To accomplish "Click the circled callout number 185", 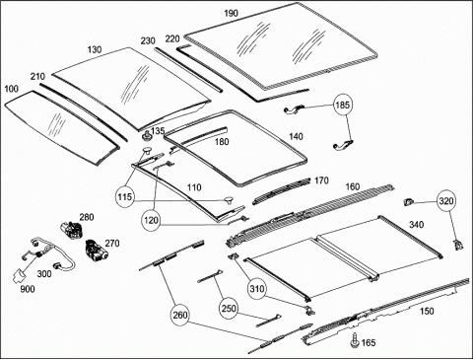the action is (343, 106).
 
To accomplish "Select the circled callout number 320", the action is (446, 201).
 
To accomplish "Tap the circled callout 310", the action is (257, 289).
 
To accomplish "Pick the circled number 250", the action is (229, 309).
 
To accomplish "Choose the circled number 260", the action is (180, 315).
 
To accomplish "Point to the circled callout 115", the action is (125, 197).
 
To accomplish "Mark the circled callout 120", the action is (151, 220).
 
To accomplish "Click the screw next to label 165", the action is (355, 340).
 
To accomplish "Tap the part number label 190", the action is (231, 13).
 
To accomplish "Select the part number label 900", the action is (28, 289).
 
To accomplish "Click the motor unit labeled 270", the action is (95, 251).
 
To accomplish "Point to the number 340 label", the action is (416, 225).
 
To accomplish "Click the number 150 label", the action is (427, 311).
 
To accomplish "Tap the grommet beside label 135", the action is (146, 135).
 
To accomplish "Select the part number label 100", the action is (12, 89).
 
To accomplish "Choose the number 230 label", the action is (148, 41).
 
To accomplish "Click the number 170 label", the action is (321, 180).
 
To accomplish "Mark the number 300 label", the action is (44, 274).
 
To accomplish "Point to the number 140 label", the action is (296, 136).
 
